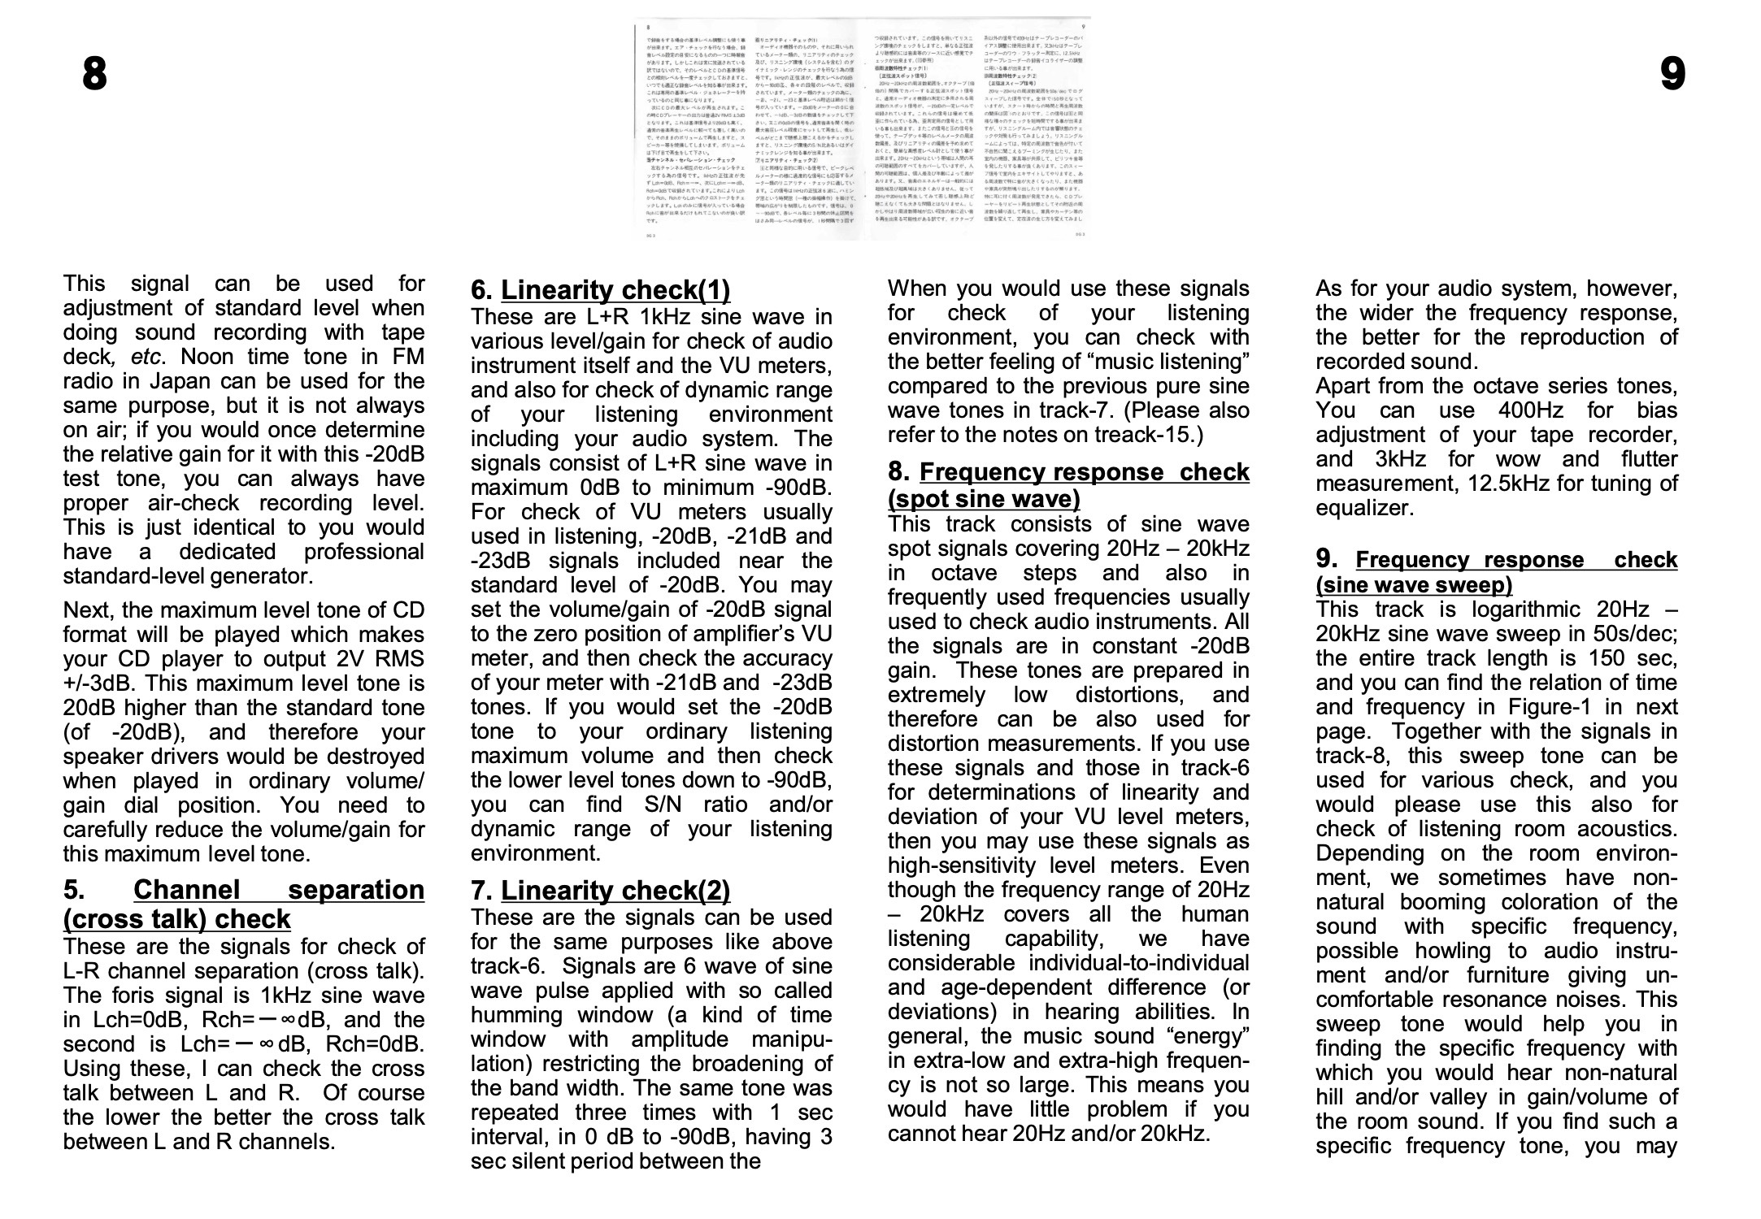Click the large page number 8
click(94, 76)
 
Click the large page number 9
click(1672, 76)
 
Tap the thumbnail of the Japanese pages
click(864, 128)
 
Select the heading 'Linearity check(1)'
click(615, 290)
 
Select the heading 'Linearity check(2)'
click(615, 891)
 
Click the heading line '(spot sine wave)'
click(984, 498)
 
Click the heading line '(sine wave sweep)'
click(1414, 585)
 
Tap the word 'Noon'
click(207, 357)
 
